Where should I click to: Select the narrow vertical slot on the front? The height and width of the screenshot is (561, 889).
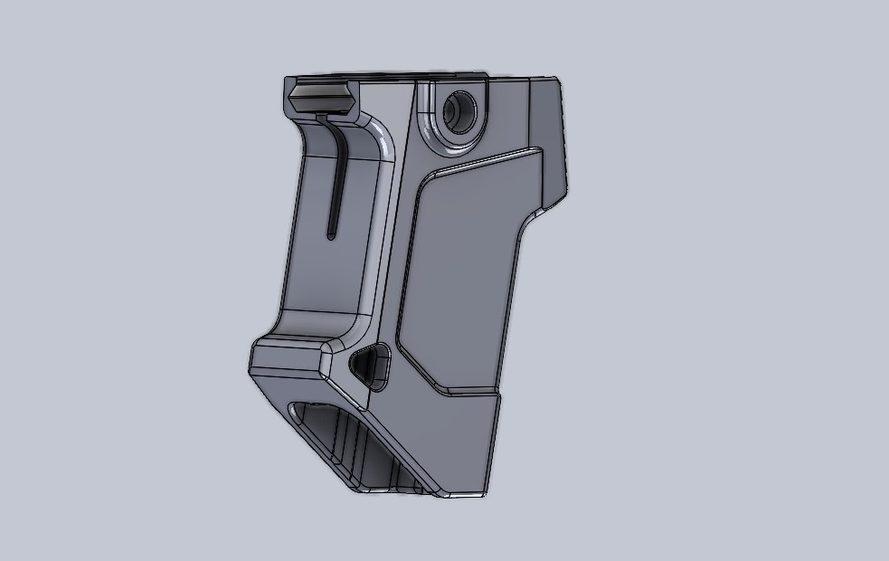(335, 181)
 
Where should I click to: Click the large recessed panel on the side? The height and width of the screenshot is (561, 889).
(461, 271)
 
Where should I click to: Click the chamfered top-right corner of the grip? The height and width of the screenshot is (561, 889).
(553, 84)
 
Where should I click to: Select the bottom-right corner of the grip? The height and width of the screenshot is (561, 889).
(486, 494)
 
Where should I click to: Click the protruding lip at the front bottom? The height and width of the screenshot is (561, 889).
(285, 357)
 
